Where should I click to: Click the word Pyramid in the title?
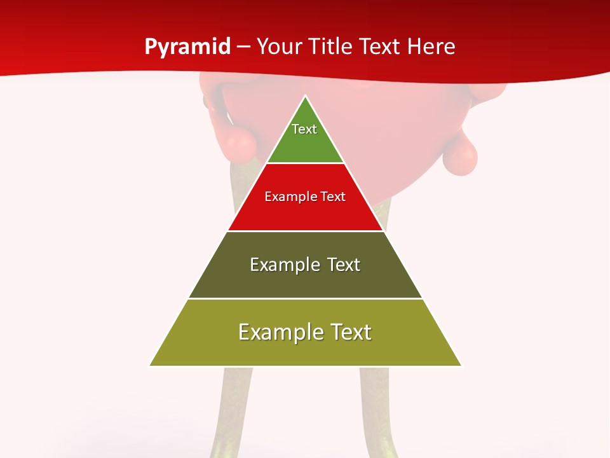point(187,47)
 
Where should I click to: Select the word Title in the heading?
point(332,47)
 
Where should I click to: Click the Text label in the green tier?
point(304,129)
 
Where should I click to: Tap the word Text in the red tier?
point(332,197)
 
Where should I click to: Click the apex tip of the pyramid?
point(306,97)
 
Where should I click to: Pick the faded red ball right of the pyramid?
point(459,155)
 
